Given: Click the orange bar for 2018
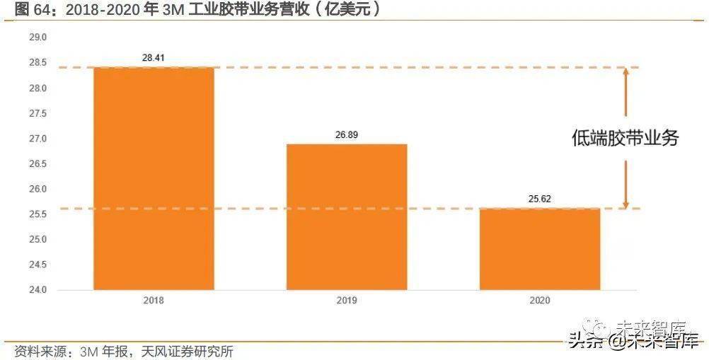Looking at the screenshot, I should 154,178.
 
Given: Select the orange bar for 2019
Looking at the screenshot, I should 347,216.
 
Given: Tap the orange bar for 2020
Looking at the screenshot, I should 539,248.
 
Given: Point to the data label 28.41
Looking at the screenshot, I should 154,57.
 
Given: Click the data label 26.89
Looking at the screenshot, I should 347,134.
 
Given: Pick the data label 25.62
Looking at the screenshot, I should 539,199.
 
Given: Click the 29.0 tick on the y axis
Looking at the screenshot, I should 37,37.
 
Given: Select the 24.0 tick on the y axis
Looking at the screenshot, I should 37,289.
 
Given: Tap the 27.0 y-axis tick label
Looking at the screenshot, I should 37,139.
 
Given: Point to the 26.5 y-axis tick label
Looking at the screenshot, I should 37,163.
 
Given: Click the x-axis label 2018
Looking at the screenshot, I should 154,301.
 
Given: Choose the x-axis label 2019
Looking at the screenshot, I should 347,301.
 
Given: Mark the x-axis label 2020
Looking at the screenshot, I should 539,301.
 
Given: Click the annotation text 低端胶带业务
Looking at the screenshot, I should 625,139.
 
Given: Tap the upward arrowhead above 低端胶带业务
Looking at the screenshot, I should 626,71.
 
